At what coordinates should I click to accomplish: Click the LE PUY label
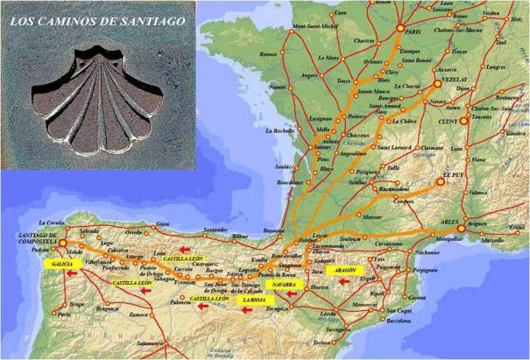454,174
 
